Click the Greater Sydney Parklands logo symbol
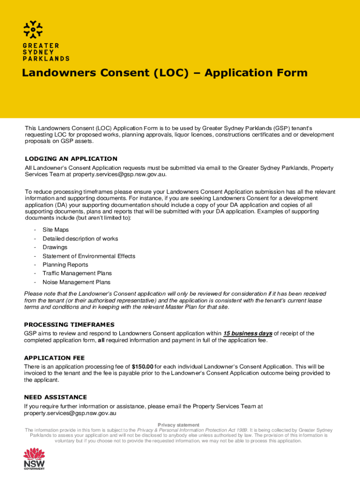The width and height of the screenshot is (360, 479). point(34,29)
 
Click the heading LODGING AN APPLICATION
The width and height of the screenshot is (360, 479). point(71,159)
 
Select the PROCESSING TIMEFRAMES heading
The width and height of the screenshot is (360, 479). point(69,324)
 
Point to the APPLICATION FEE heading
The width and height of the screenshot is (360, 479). point(54,358)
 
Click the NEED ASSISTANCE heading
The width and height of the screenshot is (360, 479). point(55,397)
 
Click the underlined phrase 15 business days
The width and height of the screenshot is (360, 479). point(248,334)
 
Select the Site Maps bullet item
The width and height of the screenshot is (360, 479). point(56,230)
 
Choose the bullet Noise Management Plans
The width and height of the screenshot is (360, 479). point(77,282)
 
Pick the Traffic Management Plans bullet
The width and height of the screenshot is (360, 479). point(77,273)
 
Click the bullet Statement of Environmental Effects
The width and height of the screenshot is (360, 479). point(89,256)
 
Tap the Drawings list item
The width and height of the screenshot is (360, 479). point(55,247)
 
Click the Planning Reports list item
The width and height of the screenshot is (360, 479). point(65,265)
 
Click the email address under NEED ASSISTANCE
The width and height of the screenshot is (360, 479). point(70,414)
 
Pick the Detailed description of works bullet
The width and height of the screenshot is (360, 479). point(80,239)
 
